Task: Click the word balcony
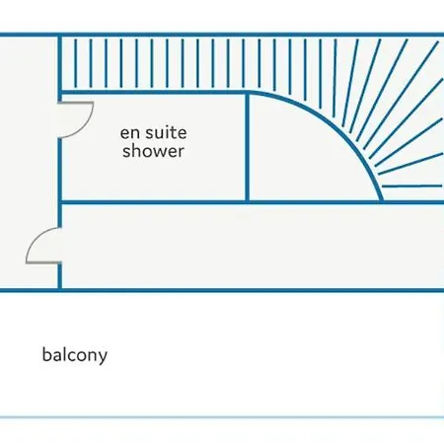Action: (x=75, y=355)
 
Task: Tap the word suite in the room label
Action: (x=166, y=133)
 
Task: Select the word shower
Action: (x=153, y=151)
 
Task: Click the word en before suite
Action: (x=130, y=134)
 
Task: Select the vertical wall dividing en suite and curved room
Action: (x=247, y=147)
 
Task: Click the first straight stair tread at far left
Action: (x=76, y=63)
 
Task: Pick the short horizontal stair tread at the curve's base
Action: (x=411, y=186)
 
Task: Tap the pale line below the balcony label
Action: (x=222, y=417)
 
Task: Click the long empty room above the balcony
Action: (x=253, y=246)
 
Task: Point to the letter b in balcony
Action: (x=46, y=354)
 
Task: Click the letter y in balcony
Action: (x=103, y=357)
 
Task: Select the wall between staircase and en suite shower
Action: (x=154, y=93)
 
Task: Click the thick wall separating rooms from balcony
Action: (x=222, y=290)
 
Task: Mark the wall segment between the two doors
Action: (x=60, y=183)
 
